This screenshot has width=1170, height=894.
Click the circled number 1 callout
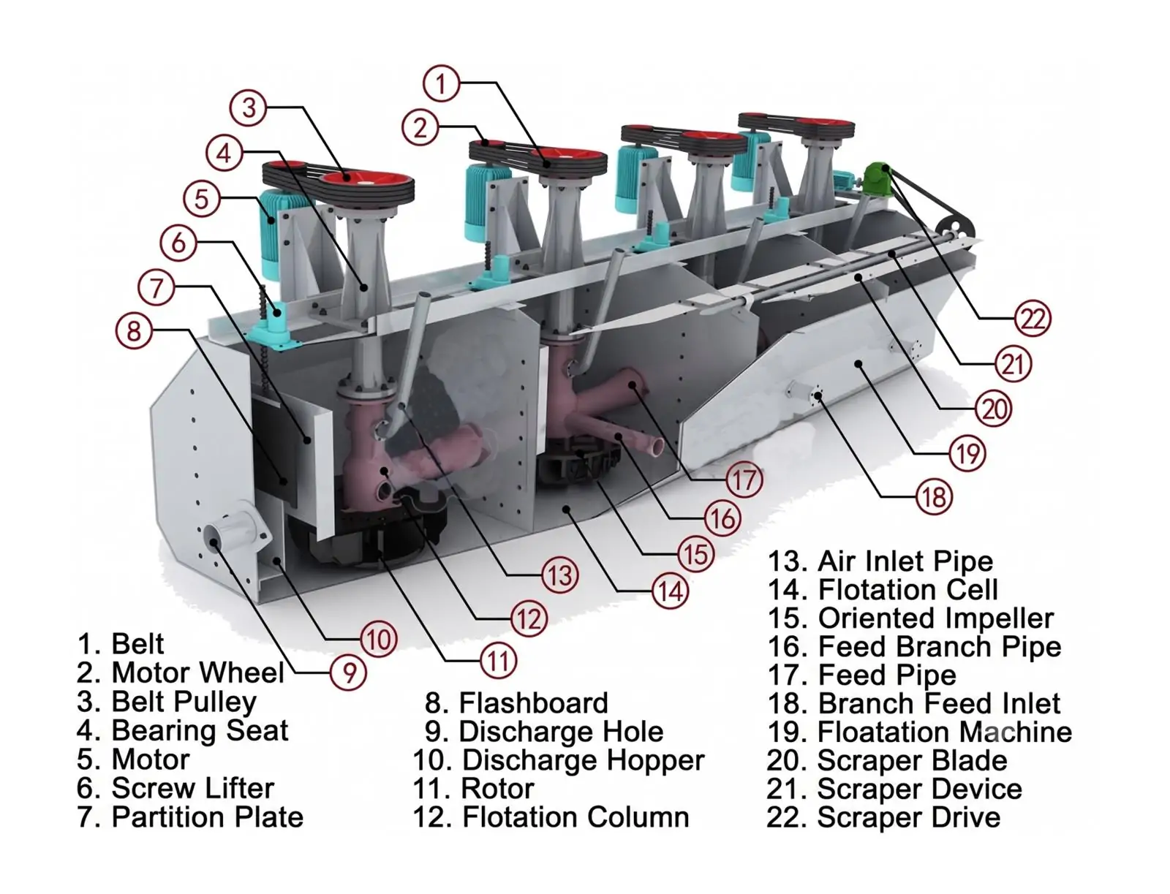(442, 83)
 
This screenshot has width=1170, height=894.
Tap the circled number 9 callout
(349, 673)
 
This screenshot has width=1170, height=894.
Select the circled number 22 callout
(1033, 319)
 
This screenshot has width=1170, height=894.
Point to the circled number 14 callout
(670, 591)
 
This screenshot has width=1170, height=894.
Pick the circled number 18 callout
(934, 497)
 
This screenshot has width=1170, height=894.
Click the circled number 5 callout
(202, 200)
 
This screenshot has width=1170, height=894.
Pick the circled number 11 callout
(499, 661)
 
